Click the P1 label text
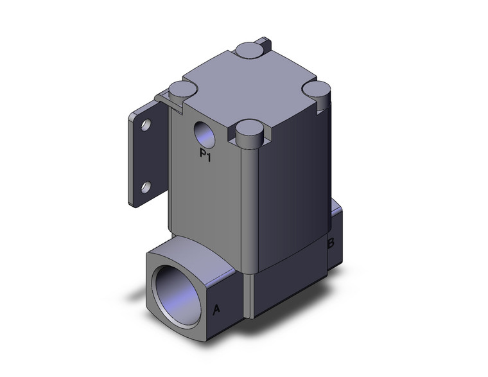(206, 155)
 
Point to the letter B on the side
(331, 243)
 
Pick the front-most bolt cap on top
(249, 134)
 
